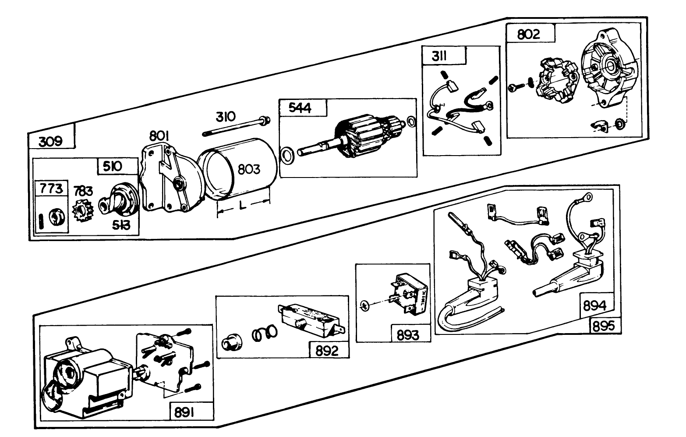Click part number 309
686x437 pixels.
click(51, 142)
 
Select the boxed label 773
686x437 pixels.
click(51, 189)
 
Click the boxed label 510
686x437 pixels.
click(113, 167)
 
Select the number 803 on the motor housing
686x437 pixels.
click(249, 170)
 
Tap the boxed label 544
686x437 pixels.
click(301, 108)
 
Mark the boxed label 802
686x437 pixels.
click(529, 34)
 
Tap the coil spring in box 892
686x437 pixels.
click(265, 334)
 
